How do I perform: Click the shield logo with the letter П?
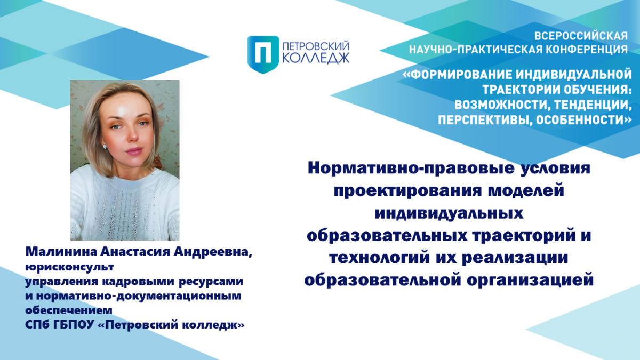coord(263,54)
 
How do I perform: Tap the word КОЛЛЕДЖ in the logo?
coord(316,58)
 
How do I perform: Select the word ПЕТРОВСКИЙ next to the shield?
coord(316,46)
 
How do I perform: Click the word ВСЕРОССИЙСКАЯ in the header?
coord(581,36)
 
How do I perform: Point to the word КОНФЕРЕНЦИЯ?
coord(587,50)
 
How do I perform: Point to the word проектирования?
coord(407,191)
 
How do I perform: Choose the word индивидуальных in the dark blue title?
coord(449,213)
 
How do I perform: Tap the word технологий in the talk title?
coord(380,258)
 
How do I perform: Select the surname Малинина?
coord(61,252)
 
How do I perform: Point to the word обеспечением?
coord(69,310)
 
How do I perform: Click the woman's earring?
coord(105,146)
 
